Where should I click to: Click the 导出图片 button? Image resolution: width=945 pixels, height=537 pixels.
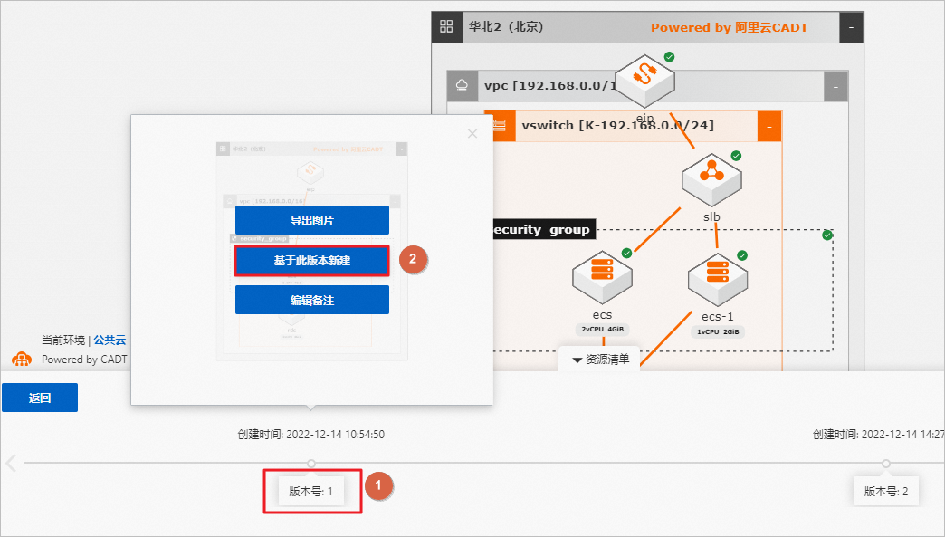(x=311, y=220)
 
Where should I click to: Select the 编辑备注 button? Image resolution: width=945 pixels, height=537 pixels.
(x=311, y=300)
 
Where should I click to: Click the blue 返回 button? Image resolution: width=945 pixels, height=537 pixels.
(x=39, y=398)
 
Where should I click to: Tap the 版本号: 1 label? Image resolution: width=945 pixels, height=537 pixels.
(x=311, y=492)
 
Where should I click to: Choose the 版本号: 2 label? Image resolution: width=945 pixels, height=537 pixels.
(x=885, y=492)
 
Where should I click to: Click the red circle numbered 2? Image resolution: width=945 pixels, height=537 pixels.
(x=413, y=259)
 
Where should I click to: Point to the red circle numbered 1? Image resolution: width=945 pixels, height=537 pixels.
(x=378, y=486)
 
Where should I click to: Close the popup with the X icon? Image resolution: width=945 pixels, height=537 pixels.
(x=472, y=134)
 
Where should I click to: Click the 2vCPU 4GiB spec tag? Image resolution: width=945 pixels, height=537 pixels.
(x=602, y=330)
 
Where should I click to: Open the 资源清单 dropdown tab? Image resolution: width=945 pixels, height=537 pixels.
(x=600, y=360)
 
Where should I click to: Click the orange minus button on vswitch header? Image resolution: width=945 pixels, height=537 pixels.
(x=768, y=126)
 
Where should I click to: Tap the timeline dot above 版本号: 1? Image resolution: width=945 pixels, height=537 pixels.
(x=311, y=463)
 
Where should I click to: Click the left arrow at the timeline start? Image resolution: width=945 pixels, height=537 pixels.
(x=11, y=464)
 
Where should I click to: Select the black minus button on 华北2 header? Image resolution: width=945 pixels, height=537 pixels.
(x=851, y=27)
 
